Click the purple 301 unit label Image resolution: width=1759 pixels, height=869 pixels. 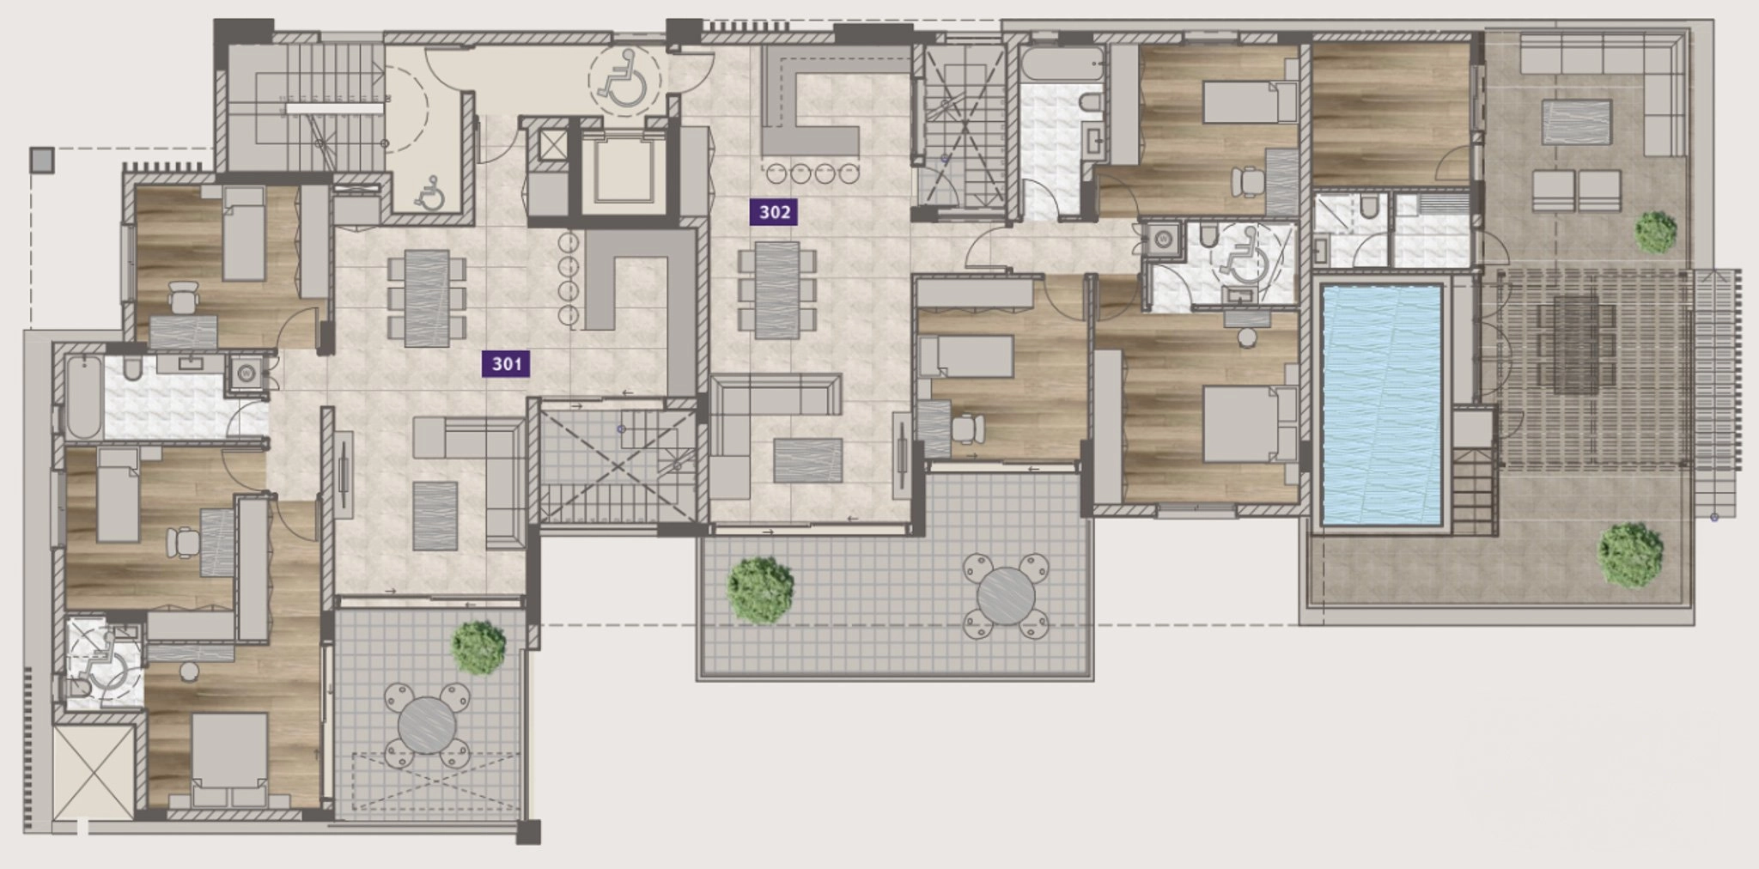tap(507, 364)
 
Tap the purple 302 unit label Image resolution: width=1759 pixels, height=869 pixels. tap(774, 212)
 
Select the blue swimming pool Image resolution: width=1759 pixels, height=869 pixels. tap(1381, 405)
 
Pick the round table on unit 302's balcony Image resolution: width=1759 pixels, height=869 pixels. tap(1006, 595)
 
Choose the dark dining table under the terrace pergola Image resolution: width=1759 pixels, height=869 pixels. tap(1576, 343)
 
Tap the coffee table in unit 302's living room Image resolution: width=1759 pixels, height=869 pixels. tap(807, 460)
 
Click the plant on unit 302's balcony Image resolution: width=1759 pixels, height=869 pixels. tap(760, 590)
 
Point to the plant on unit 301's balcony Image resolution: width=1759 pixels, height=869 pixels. tap(478, 648)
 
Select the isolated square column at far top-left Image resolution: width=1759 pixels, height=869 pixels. tap(41, 160)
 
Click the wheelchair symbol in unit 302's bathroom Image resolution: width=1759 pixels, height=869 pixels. tap(1240, 253)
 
